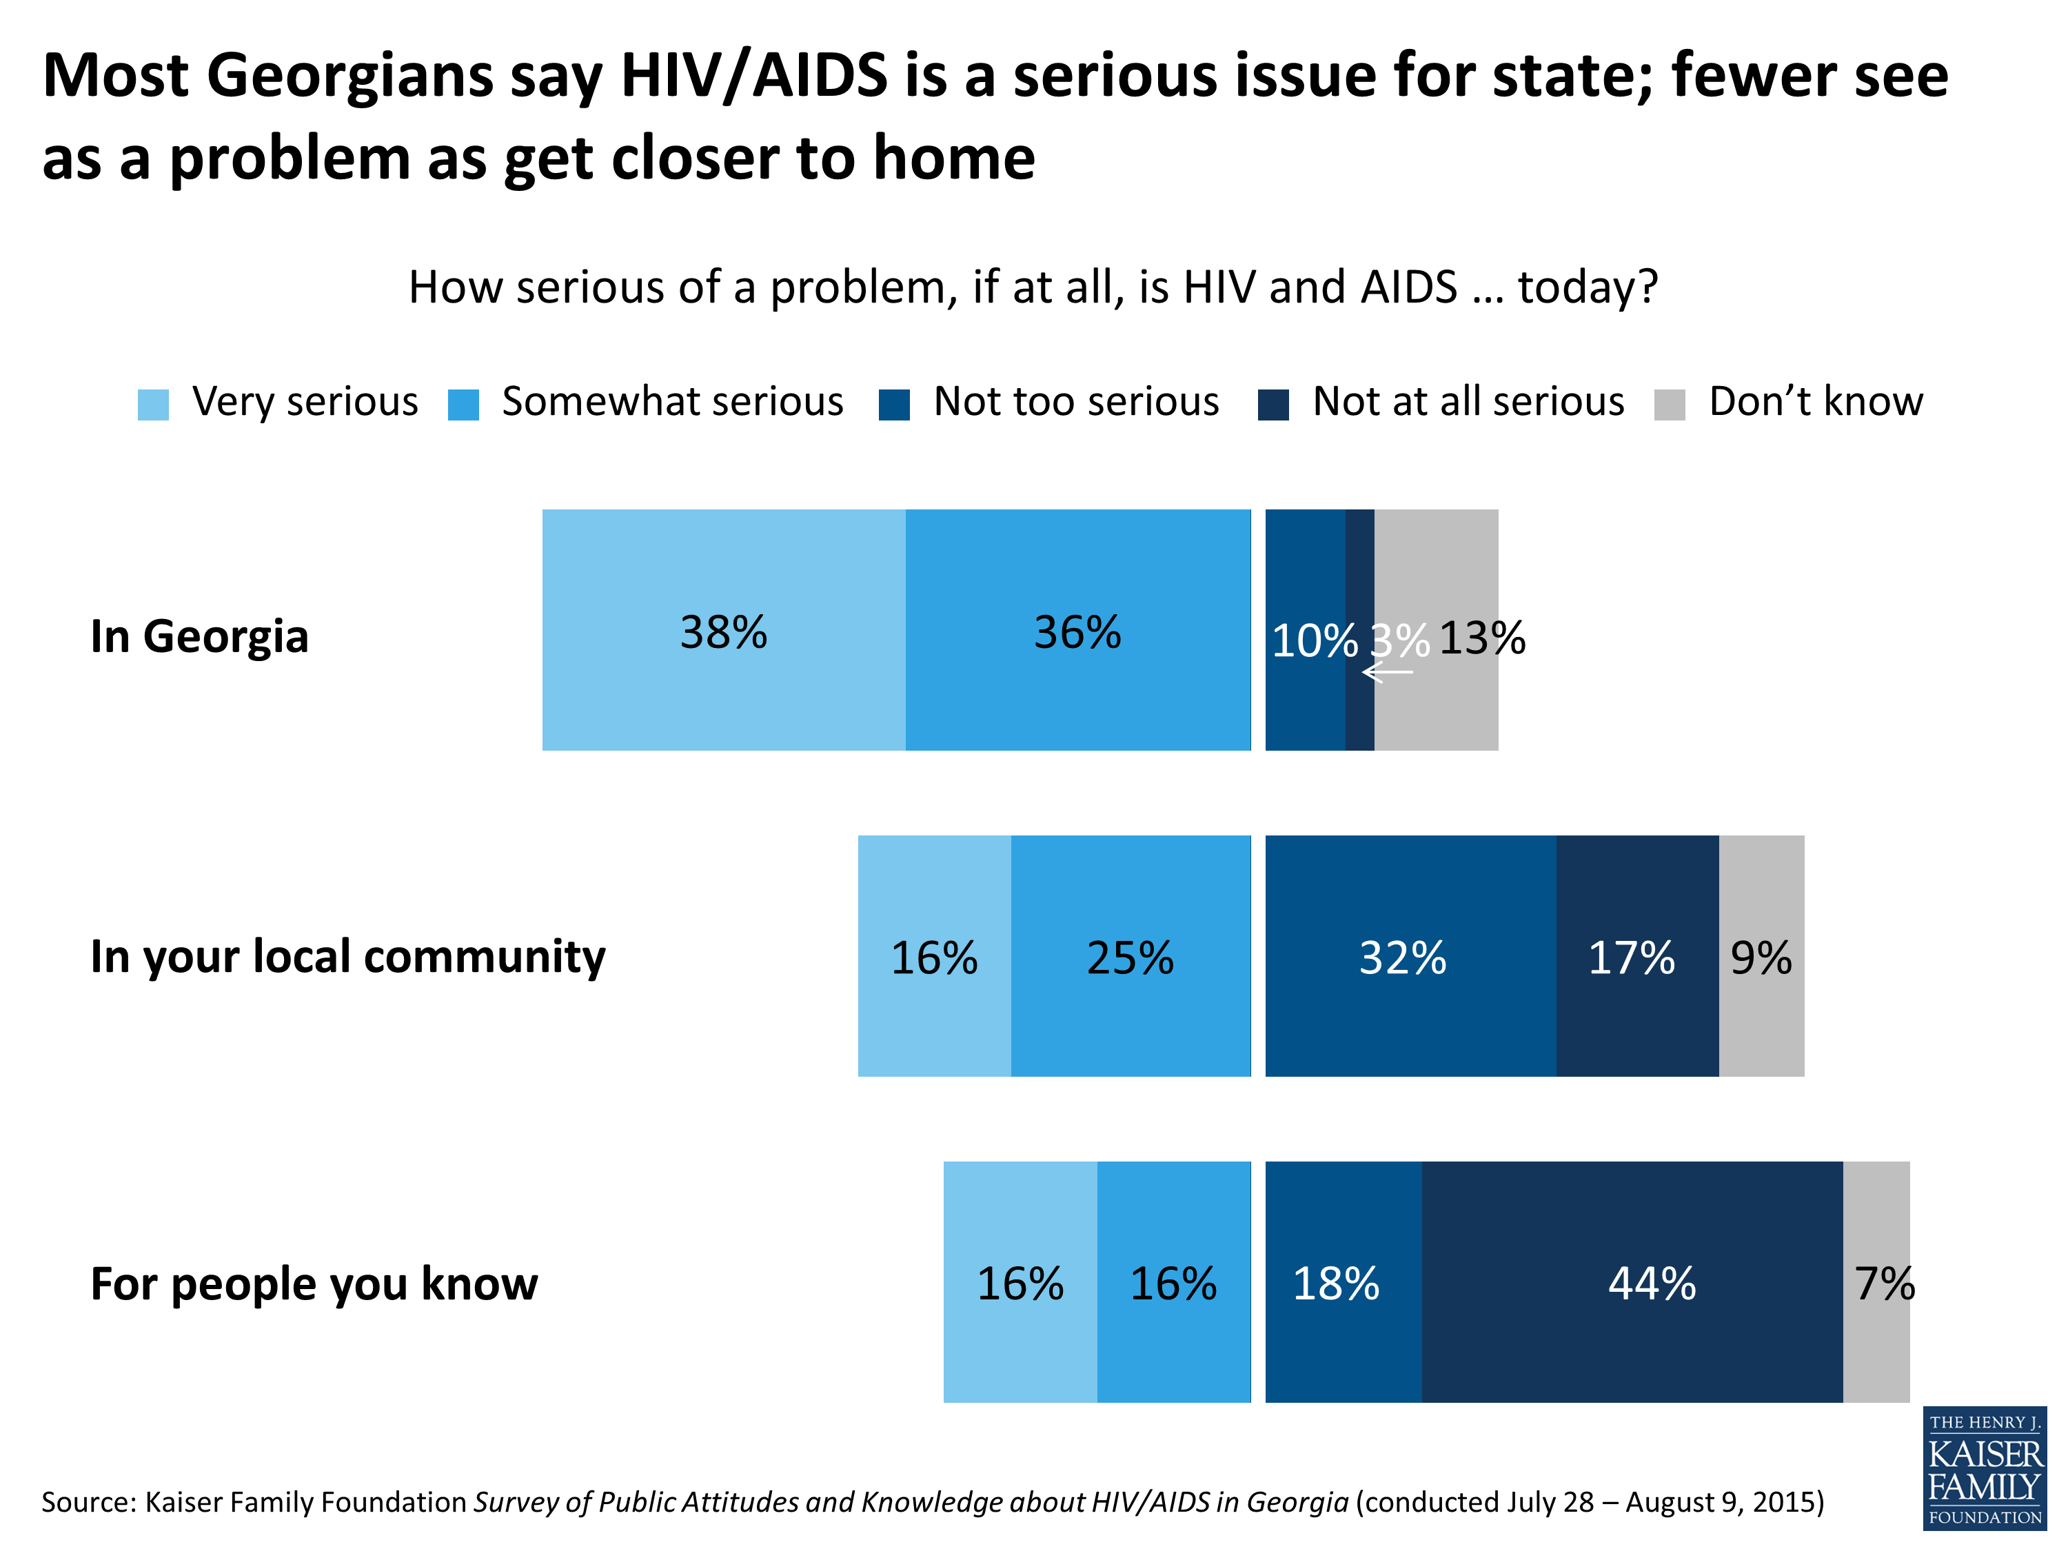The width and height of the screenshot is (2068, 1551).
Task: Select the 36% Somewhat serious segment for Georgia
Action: [1077, 630]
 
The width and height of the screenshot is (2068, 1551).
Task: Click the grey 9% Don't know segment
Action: [1761, 956]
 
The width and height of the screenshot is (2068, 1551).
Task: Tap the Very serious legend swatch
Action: [153, 405]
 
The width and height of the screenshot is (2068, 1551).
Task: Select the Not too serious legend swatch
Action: [894, 405]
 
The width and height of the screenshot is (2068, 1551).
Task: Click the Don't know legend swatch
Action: [1669, 405]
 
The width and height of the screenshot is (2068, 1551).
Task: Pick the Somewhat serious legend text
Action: [672, 402]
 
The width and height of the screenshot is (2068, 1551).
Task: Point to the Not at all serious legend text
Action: [1468, 402]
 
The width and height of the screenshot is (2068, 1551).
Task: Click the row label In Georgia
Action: [199, 637]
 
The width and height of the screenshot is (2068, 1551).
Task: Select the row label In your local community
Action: [348, 956]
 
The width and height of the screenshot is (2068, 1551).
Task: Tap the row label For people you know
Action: [314, 1284]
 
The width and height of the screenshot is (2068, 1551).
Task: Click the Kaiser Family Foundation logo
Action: [1984, 1468]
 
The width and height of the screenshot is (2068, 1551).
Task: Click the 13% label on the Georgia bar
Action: [1482, 638]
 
